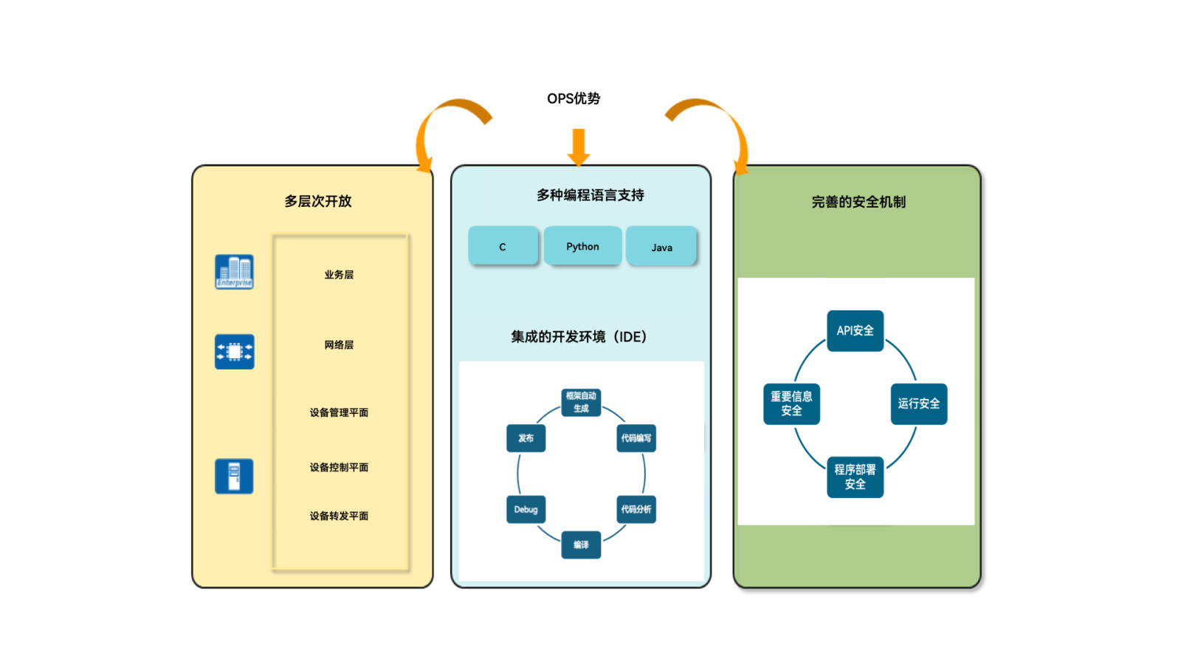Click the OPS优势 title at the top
click(x=573, y=98)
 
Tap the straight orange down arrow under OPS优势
click(x=579, y=146)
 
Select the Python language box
click(x=582, y=246)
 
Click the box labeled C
click(x=503, y=246)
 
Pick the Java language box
click(x=661, y=247)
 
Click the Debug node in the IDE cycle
click(x=526, y=509)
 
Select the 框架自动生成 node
click(x=581, y=402)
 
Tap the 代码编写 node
click(x=636, y=438)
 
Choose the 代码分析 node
click(x=636, y=509)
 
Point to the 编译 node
click(x=581, y=545)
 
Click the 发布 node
click(x=526, y=438)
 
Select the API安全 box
click(x=855, y=330)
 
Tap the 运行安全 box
click(x=918, y=403)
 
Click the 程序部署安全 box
click(x=855, y=477)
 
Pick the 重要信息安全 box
click(x=791, y=403)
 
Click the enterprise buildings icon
click(x=234, y=271)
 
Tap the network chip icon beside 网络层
click(x=234, y=352)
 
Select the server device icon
click(x=234, y=476)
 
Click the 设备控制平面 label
click(x=339, y=467)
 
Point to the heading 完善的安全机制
click(x=858, y=202)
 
